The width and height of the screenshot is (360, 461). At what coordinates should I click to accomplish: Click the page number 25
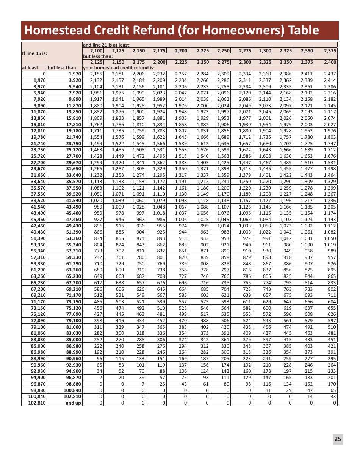[338, 439]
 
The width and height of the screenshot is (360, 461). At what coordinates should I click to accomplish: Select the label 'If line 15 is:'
[34, 53]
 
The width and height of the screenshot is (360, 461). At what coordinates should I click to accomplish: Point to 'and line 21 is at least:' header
[106, 45]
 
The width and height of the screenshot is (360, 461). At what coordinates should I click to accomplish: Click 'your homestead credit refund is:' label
[119, 68]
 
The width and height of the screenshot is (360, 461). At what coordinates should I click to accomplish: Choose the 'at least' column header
[30, 68]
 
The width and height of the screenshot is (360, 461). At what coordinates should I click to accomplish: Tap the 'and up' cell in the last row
[73, 403]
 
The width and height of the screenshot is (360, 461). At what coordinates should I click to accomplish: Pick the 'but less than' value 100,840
[72, 390]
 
